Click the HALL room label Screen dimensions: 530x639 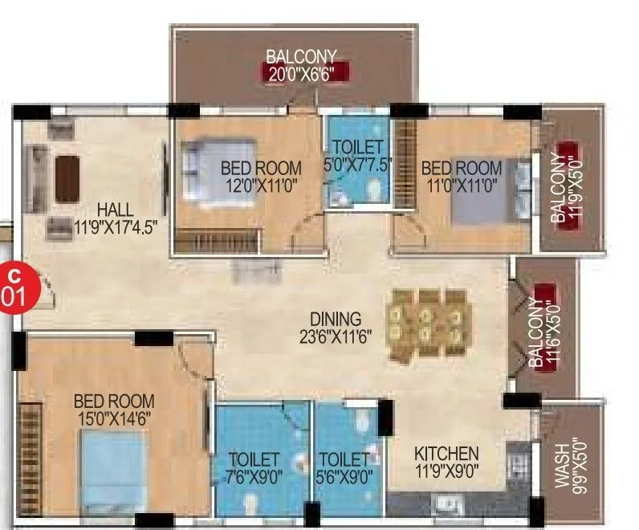(x=115, y=209)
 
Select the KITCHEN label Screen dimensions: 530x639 (x=447, y=454)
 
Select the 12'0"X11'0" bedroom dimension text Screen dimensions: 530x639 (x=261, y=185)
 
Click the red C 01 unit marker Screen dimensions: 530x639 (x=15, y=285)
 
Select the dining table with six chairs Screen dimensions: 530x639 (x=425, y=323)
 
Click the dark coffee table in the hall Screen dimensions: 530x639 (x=67, y=178)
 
